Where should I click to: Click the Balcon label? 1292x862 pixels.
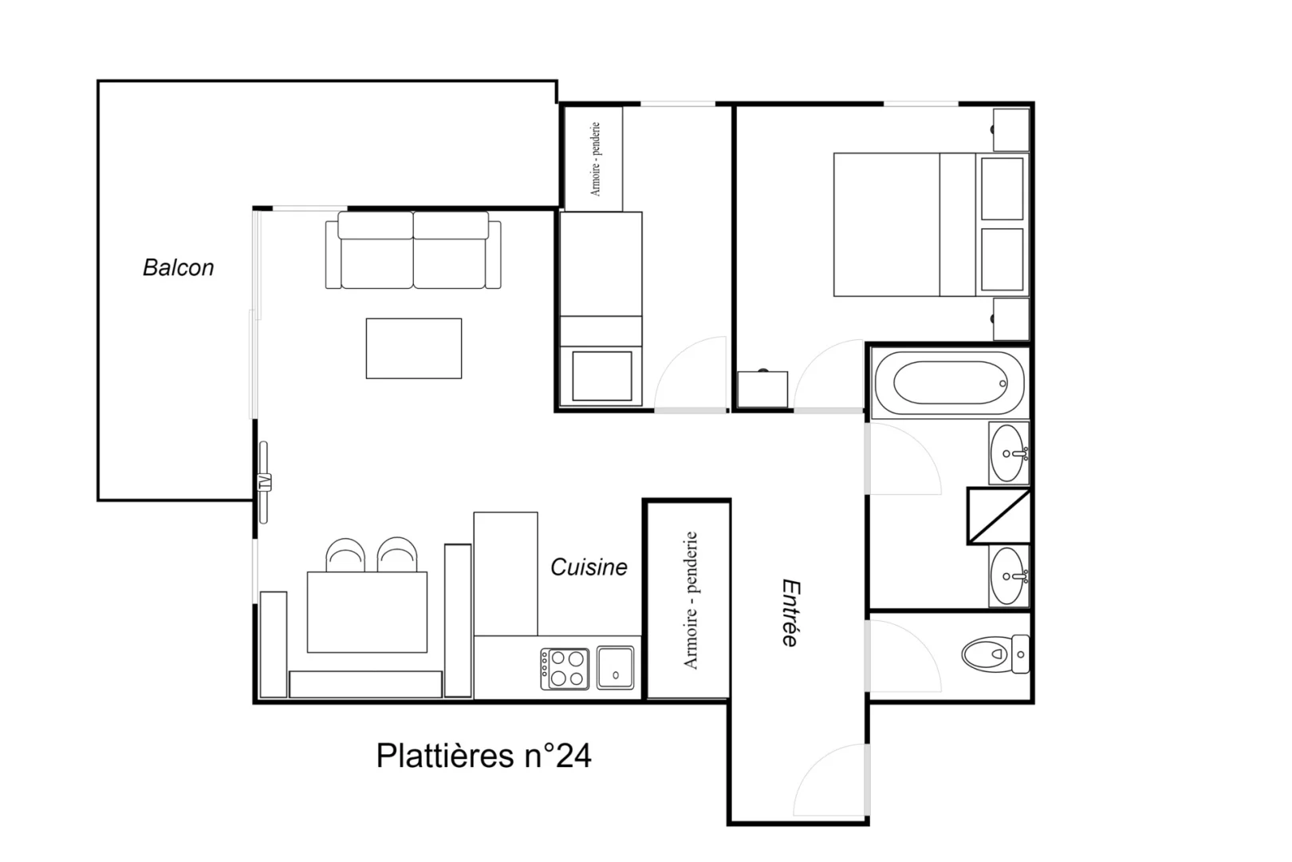(x=178, y=268)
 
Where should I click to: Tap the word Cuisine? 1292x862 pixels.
(x=589, y=567)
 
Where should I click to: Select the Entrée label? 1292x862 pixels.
(x=791, y=613)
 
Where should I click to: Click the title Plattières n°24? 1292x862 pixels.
(x=483, y=756)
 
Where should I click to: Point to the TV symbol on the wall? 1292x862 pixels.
(x=264, y=482)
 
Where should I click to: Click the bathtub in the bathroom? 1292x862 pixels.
(x=949, y=383)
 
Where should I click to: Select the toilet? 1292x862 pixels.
(x=995, y=654)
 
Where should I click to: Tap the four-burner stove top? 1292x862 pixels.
(x=565, y=669)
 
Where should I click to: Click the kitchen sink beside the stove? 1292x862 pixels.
(x=616, y=668)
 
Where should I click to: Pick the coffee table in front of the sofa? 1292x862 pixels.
(x=414, y=349)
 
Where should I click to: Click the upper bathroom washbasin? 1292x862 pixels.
(x=1009, y=453)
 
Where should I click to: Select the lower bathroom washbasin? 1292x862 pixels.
(x=1009, y=575)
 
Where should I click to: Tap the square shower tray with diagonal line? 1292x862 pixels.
(x=999, y=516)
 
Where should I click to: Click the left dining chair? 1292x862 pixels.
(x=345, y=554)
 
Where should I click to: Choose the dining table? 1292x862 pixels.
(x=368, y=612)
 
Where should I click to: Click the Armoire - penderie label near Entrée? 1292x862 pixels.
(x=691, y=600)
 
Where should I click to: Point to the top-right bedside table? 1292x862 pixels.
(x=1010, y=130)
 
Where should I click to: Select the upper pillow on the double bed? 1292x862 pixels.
(x=1002, y=189)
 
